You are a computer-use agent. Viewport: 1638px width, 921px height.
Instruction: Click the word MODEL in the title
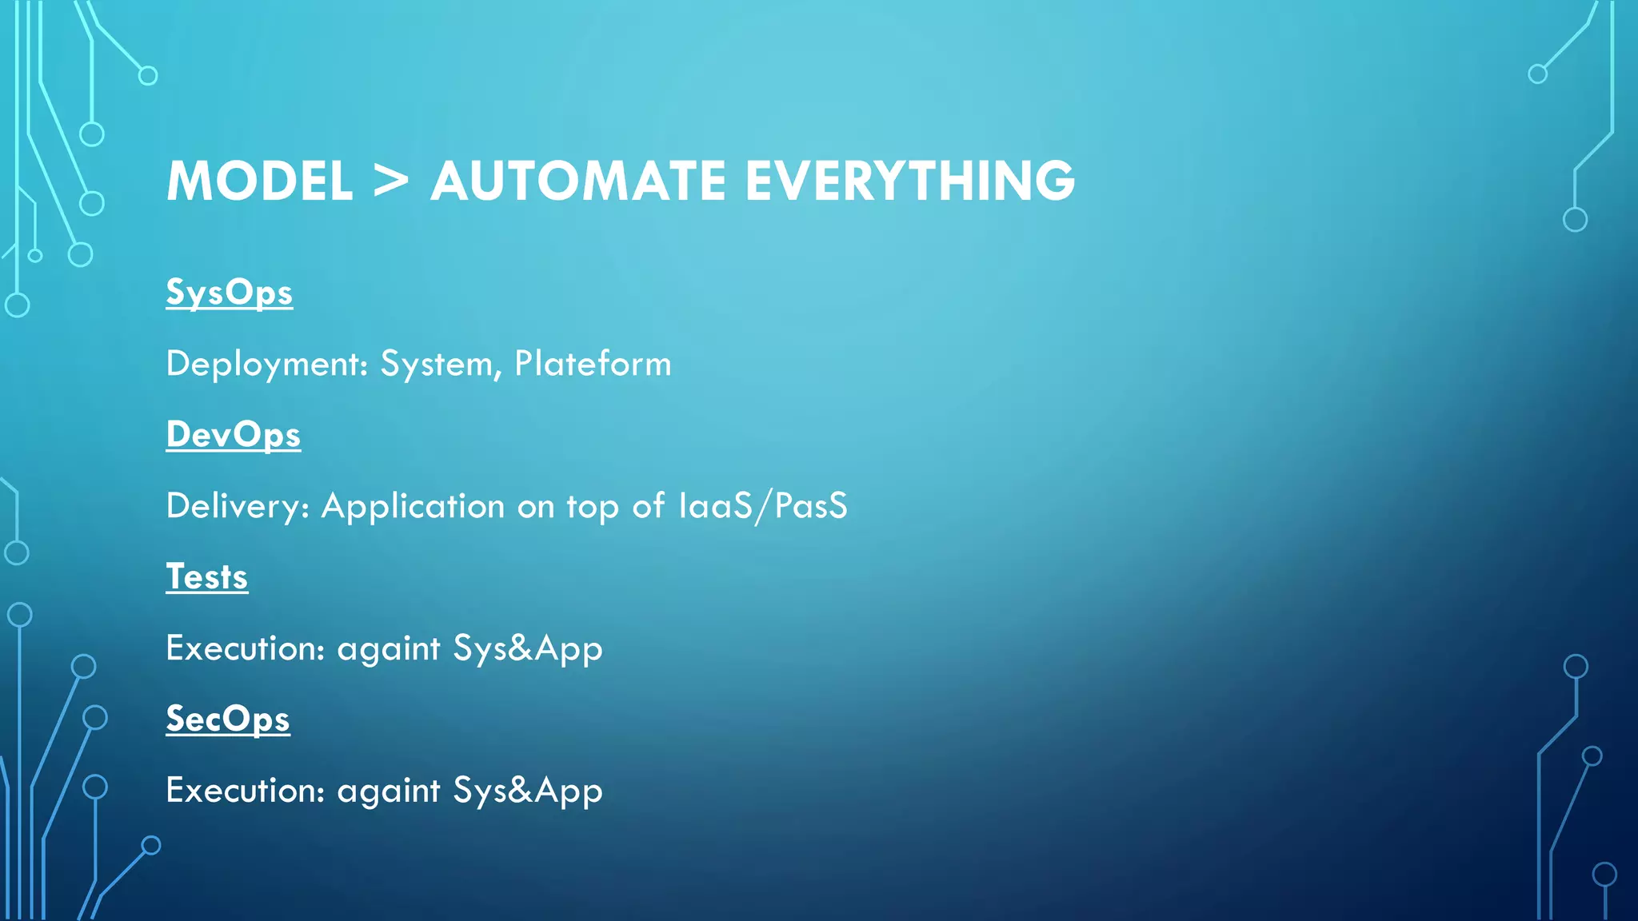click(259, 181)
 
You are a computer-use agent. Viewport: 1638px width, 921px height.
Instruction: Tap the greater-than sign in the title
click(391, 181)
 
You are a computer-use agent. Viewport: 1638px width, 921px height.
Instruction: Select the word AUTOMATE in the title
click(578, 181)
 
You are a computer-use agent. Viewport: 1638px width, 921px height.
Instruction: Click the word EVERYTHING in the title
click(910, 181)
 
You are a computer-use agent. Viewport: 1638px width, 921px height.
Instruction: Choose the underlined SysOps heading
click(229, 293)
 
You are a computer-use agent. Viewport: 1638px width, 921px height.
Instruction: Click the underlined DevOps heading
click(233, 435)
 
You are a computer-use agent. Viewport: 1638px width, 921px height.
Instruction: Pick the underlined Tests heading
click(206, 577)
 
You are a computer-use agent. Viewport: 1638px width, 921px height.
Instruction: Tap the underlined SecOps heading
click(227, 720)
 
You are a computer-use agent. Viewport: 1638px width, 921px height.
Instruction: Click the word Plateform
click(593, 364)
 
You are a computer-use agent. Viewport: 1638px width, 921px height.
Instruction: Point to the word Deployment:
click(266, 365)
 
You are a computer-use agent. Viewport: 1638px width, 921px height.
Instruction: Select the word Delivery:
click(238, 507)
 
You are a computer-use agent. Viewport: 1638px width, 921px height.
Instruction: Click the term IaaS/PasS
click(762, 506)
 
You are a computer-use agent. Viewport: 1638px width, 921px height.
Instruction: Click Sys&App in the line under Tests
click(528, 649)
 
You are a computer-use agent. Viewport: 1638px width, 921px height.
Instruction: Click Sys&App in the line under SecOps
click(528, 791)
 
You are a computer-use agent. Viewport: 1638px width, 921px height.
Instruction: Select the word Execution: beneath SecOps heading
click(245, 791)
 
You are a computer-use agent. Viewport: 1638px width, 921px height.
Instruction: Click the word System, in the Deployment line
click(441, 365)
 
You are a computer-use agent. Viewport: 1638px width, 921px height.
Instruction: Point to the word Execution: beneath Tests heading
click(245, 648)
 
